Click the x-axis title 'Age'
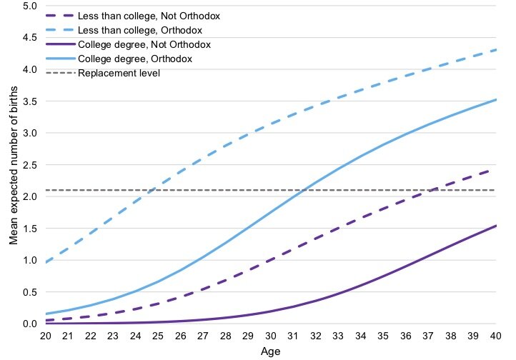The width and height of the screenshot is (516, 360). pyautogui.click(x=270, y=352)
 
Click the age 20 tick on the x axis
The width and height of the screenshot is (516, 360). pyautogui.click(x=45, y=336)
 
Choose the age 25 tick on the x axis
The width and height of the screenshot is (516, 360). pyautogui.click(x=158, y=336)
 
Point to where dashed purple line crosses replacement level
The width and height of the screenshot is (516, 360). pyautogui.click(x=431, y=190)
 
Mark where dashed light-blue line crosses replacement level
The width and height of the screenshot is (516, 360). pyautogui.click(x=152, y=190)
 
